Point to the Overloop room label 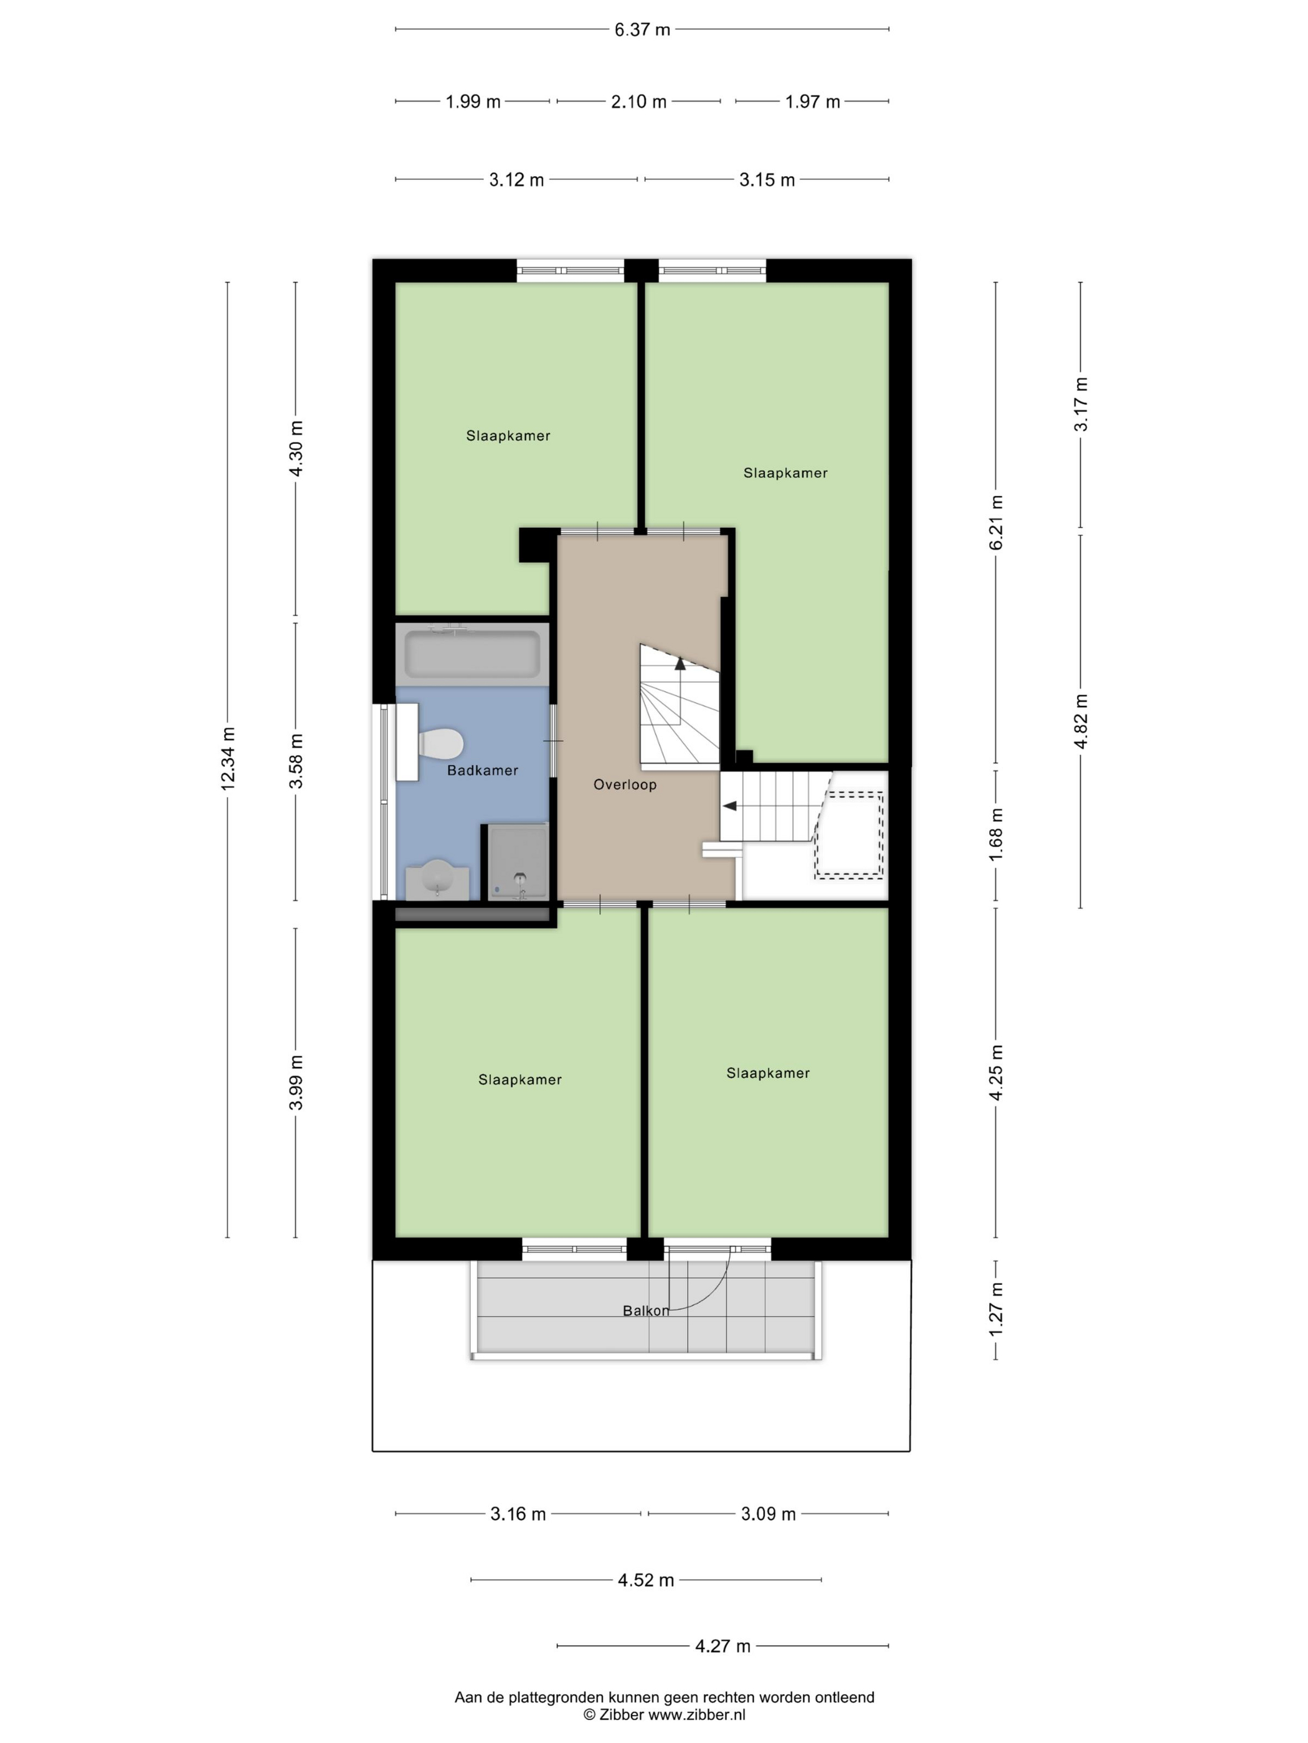tap(625, 784)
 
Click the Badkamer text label tap(483, 770)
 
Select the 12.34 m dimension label tap(228, 758)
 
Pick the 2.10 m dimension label tap(638, 101)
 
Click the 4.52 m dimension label tap(646, 1580)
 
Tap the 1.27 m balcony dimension tap(996, 1310)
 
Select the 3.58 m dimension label tap(296, 761)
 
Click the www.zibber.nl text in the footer tap(696, 1714)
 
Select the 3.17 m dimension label tap(1081, 404)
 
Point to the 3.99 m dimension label tap(296, 1082)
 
